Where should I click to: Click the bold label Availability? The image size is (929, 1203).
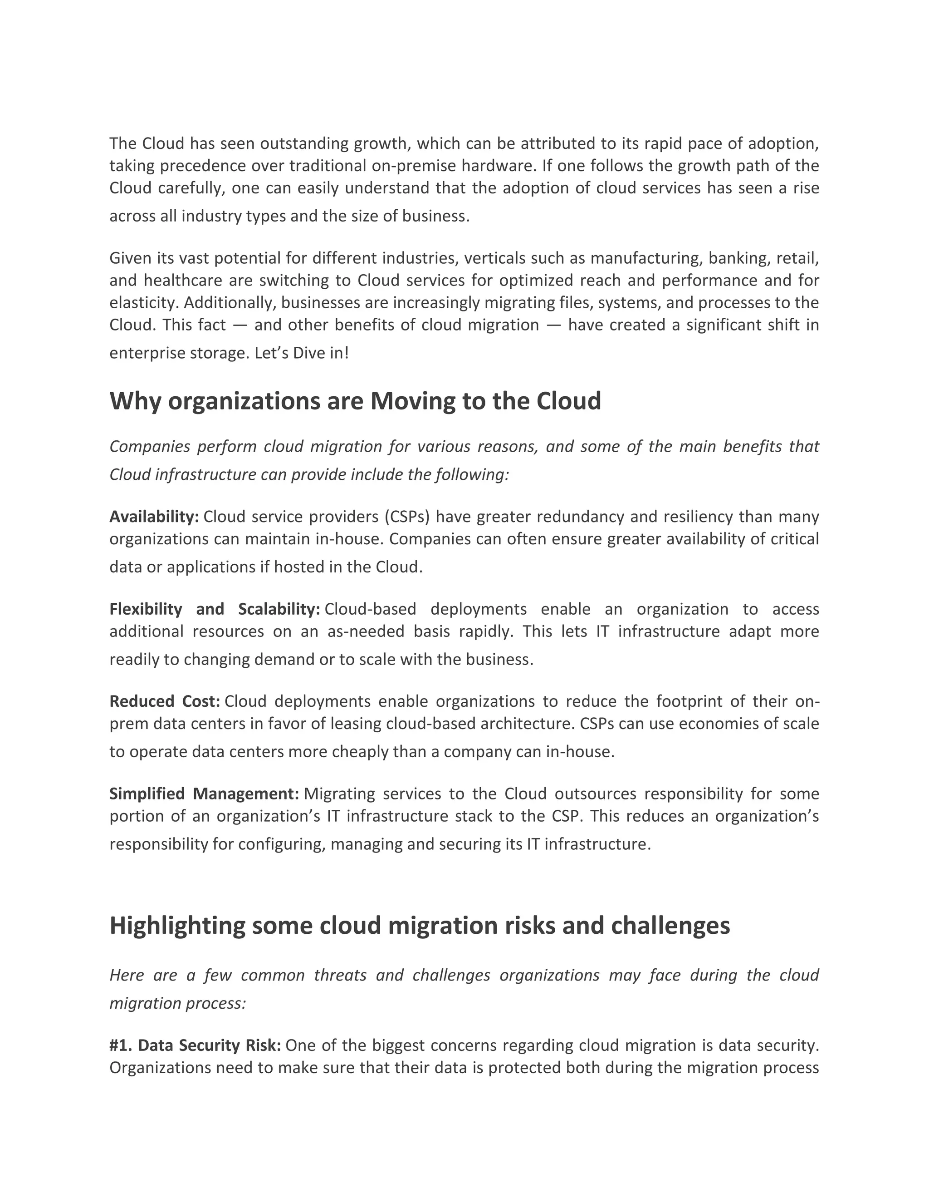[154, 517]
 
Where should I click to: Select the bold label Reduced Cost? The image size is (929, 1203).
[165, 701]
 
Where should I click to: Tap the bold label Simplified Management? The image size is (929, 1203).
[204, 794]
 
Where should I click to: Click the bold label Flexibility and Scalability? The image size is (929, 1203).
[215, 609]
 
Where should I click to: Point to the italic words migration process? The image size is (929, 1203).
[177, 1004]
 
